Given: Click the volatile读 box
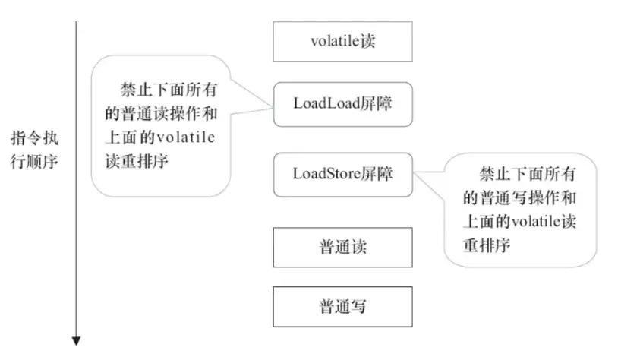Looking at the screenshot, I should click(x=342, y=41).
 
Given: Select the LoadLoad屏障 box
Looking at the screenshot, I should click(x=342, y=104).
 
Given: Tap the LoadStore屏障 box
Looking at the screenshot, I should click(x=342, y=173).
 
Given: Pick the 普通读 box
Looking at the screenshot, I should click(x=342, y=247).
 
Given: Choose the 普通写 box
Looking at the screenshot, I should click(x=342, y=307).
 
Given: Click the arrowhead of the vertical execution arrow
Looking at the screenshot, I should click(x=76, y=340).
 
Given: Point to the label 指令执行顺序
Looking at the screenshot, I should click(x=34, y=150).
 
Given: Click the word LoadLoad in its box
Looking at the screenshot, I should click(x=319, y=104).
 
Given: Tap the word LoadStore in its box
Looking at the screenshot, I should click(x=321, y=173).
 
